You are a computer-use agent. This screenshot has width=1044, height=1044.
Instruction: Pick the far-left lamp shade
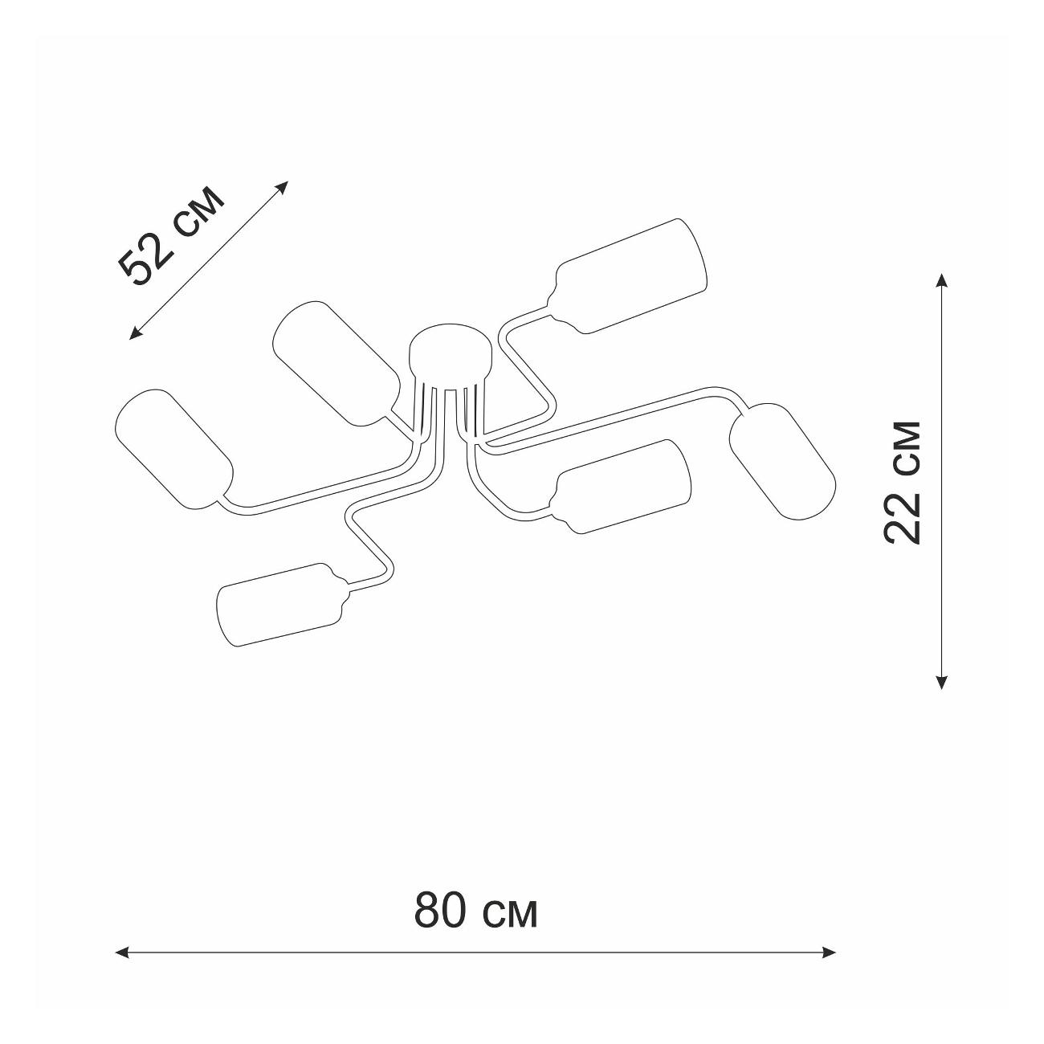point(174,450)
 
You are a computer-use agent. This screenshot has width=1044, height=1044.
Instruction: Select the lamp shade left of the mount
point(336,364)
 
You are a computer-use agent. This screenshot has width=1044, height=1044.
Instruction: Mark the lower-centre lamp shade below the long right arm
point(622,487)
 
